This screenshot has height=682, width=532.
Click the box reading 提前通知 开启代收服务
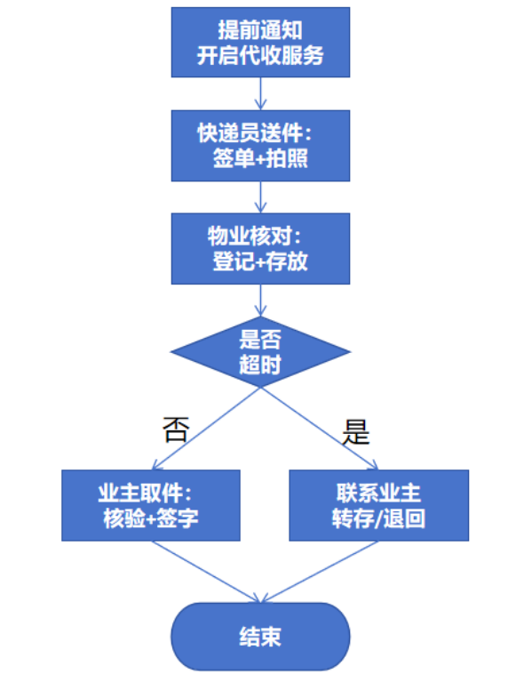coord(260,42)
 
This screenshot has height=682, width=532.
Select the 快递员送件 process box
coord(260,145)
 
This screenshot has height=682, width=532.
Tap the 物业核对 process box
coord(260,248)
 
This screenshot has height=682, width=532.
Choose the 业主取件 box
coord(151,505)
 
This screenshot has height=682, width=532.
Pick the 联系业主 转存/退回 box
coord(378,505)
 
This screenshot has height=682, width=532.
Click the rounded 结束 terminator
coord(260,637)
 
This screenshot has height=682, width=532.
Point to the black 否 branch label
coord(175,429)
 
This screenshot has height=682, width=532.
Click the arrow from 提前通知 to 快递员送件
coord(260,93)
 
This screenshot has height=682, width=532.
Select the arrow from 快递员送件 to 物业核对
coord(260,197)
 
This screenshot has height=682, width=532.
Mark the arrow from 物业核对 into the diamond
coord(260,300)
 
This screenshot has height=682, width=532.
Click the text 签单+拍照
coord(260,157)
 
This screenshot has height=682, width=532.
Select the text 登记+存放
coord(260,261)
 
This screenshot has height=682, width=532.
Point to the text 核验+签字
coord(151,518)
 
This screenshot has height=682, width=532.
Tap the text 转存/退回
coord(378,518)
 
